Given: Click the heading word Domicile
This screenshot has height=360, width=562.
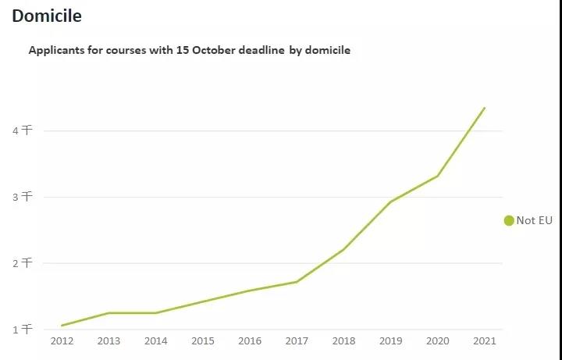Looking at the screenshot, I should tap(47, 16).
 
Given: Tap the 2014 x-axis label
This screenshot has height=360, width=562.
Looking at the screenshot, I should tap(155, 341).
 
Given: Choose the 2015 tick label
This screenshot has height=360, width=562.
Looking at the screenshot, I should tap(202, 341).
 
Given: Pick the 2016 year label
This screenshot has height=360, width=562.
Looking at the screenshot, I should tap(249, 341).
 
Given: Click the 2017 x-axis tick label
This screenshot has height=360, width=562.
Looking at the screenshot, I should tap(297, 341).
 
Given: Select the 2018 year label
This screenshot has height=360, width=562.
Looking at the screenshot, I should tap(343, 341).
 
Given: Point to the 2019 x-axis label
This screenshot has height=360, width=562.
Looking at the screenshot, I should tap(390, 341).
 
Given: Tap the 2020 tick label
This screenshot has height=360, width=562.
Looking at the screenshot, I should tap(437, 341).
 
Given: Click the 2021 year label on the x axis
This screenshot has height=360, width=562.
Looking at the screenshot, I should tap(485, 341).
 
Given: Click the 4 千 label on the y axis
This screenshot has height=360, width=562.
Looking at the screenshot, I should tap(22, 131).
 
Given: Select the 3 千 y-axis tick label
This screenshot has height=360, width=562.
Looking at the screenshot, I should tap(22, 197).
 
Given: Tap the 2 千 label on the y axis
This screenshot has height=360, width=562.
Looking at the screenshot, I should tap(22, 263).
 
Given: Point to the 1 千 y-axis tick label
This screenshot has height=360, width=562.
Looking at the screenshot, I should tap(22, 330).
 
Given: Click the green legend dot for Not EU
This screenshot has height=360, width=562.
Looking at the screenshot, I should tap(509, 221).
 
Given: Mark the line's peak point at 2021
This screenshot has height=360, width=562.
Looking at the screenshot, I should tap(485, 108).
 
